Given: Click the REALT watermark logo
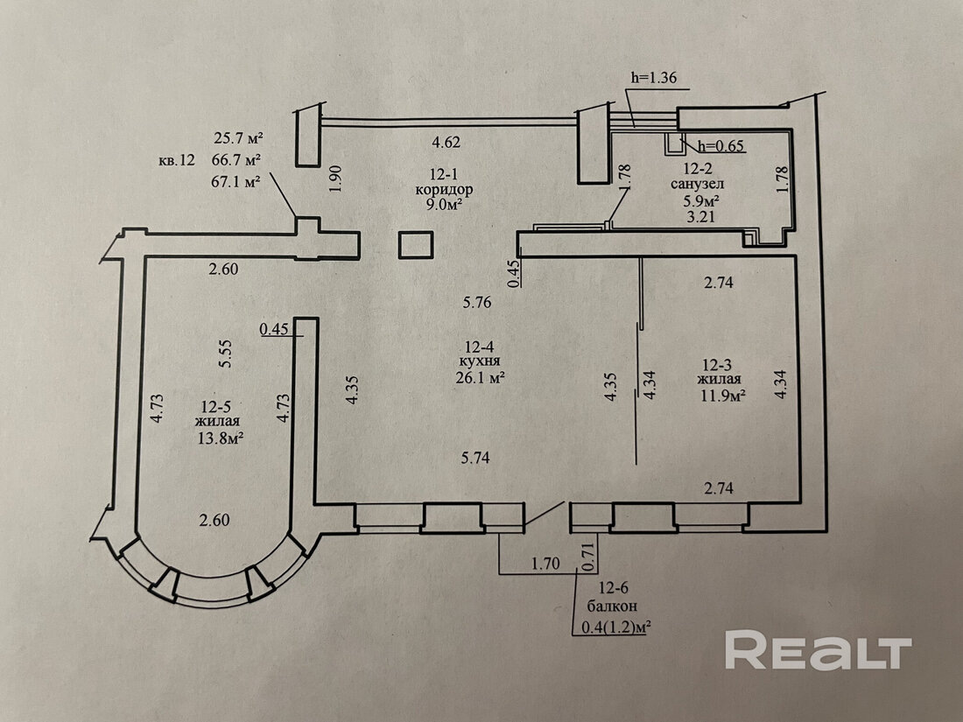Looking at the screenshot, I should point(819,651).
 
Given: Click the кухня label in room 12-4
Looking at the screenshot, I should point(478,362).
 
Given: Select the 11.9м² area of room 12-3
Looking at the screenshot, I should point(720,395).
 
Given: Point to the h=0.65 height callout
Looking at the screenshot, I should point(715,146).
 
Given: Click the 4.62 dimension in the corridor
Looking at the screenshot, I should point(446,141).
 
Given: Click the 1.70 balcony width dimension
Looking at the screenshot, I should point(546,565).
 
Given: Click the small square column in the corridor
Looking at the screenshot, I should point(415,244).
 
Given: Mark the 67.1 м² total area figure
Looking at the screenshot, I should point(238,181).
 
